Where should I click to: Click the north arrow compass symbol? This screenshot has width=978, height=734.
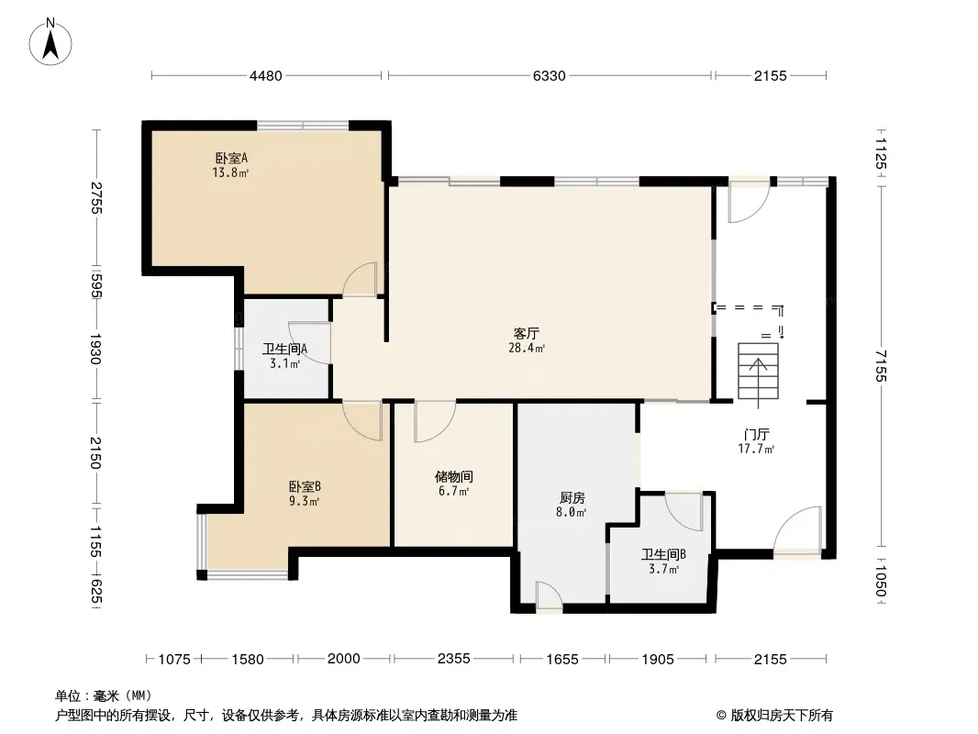point(50,42)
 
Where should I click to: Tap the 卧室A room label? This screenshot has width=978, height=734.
point(231,159)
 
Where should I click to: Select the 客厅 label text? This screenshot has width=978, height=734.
point(527,334)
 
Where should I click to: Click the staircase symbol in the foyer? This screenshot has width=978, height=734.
point(758,371)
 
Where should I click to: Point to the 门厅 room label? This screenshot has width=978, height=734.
point(756,434)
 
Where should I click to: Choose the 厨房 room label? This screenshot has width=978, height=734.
point(572,497)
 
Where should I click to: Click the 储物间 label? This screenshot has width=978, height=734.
point(453,477)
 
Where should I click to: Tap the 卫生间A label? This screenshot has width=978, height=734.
point(284,350)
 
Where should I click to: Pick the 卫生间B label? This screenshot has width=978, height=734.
point(663,554)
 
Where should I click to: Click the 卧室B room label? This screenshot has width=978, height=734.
point(305,486)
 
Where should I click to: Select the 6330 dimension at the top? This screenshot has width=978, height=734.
point(549,75)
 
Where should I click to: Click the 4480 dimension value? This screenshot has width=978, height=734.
point(266,75)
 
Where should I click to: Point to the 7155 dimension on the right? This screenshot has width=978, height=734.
point(880,365)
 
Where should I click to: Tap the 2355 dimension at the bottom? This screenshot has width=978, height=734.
point(453,659)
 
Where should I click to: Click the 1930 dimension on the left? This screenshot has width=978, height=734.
point(95,349)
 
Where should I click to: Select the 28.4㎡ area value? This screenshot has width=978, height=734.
point(527,348)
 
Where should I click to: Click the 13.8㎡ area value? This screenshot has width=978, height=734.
point(230,172)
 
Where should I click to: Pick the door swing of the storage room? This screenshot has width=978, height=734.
point(435,421)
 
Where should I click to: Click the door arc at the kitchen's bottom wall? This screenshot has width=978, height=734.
point(550,595)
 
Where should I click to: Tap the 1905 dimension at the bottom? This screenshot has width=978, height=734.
point(658,659)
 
